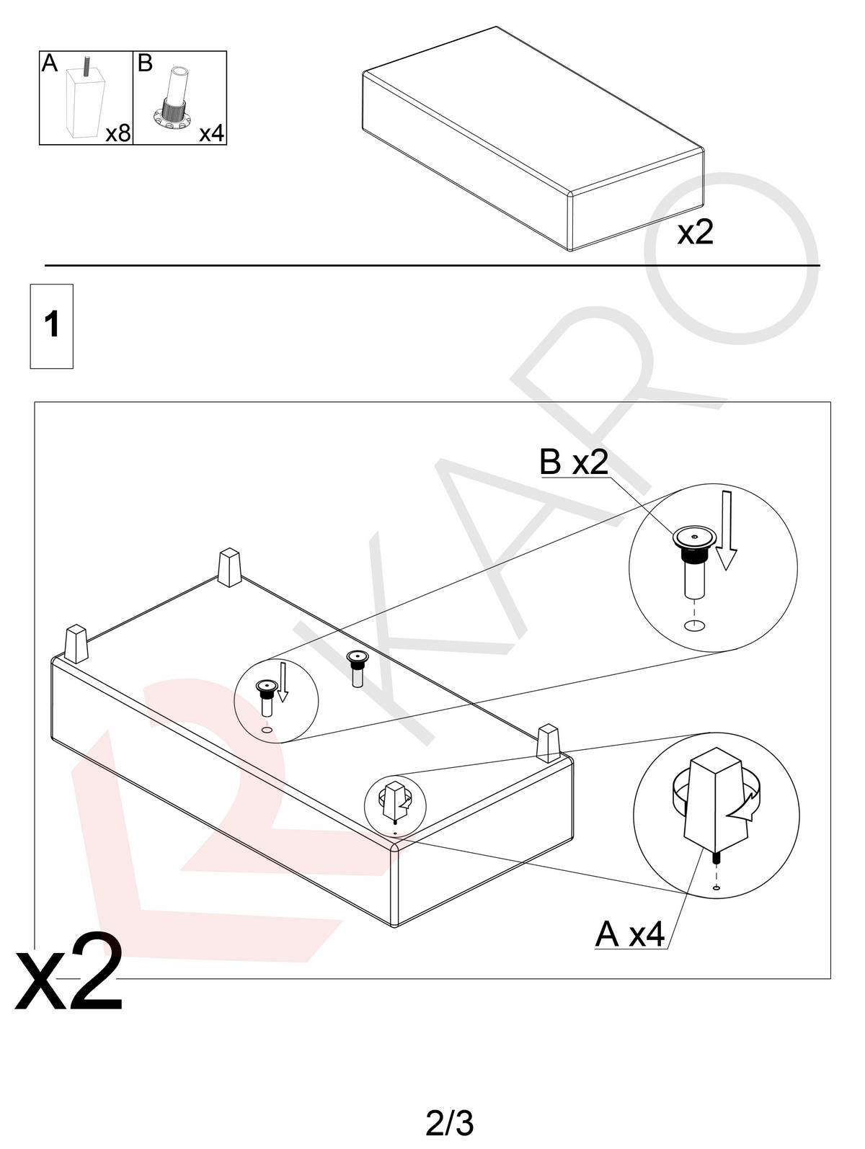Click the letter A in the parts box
pos(49,63)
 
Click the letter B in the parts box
pos(144,63)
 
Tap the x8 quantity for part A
pos(117,133)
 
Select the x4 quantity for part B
pos(211,133)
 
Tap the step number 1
pos(51,325)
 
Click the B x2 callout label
pos(575,462)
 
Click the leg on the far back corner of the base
pos(229,568)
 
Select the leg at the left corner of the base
pos(76,644)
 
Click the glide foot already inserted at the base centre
pos(357,668)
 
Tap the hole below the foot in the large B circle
pos(694,625)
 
